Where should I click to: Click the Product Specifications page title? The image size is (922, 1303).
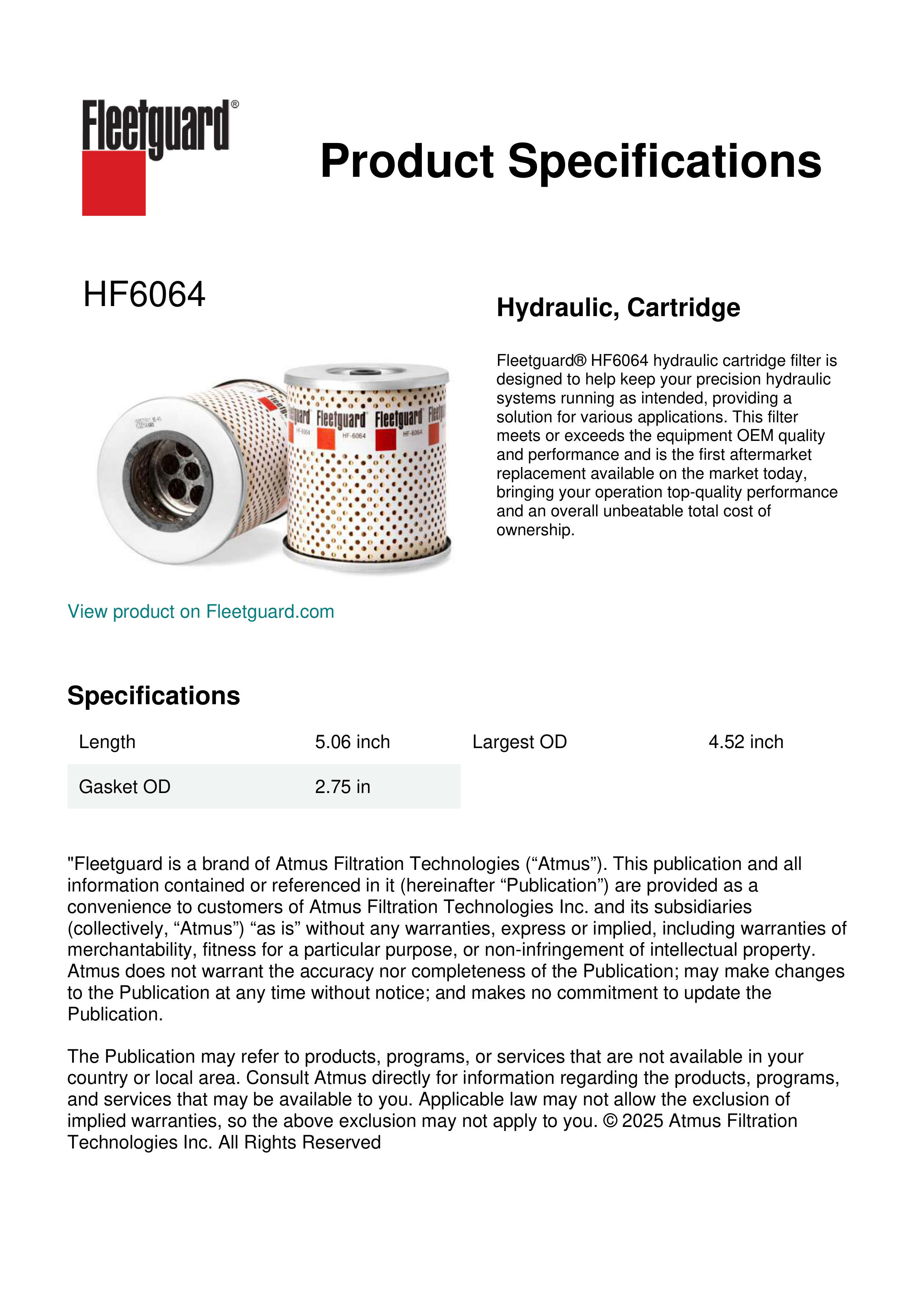[570, 161]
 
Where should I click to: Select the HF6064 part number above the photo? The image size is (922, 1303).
[144, 295]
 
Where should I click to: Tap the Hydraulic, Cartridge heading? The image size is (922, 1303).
[618, 308]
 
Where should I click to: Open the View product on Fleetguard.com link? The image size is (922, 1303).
[200, 611]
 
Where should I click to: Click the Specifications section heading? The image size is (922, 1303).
[153, 696]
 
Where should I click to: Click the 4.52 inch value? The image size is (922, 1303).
[745, 742]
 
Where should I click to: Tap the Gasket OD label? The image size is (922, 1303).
[124, 787]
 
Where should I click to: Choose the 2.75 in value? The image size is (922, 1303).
[342, 787]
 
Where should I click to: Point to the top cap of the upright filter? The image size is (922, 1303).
[366, 374]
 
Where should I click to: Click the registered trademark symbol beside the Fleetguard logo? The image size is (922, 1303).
[235, 104]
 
